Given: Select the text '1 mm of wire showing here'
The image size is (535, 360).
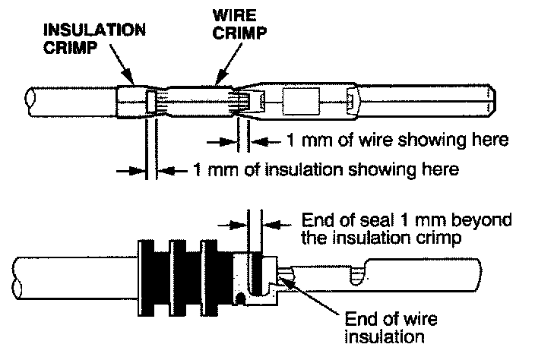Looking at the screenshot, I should click(397, 141).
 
